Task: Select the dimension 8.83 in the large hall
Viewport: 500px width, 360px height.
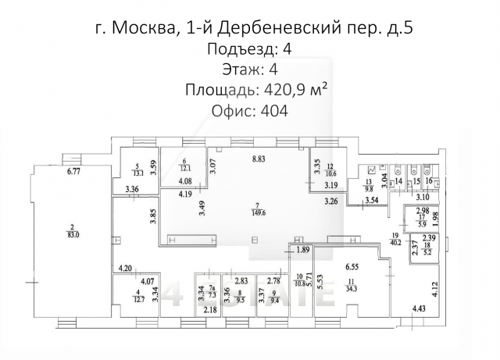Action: [x=259, y=159]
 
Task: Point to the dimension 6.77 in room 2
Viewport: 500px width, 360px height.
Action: [x=75, y=170]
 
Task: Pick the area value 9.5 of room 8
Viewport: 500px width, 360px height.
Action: [x=241, y=298]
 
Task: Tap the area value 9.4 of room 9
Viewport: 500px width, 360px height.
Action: [x=274, y=298]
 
